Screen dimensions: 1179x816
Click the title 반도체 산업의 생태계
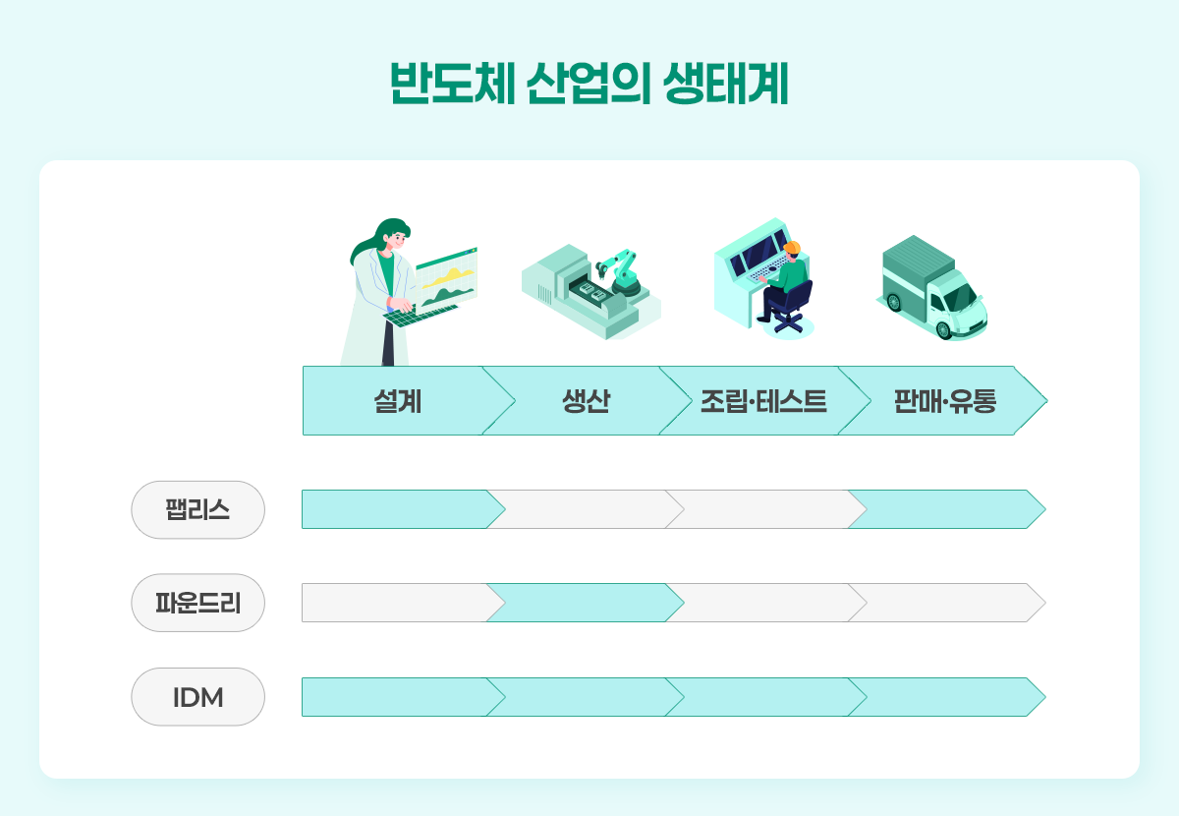point(589,84)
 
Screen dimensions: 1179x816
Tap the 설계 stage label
point(397,401)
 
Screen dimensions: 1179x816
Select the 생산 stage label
point(586,401)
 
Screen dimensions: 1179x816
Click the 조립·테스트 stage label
point(763,401)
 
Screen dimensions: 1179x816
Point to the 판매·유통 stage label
point(945,401)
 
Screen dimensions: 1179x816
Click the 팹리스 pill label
point(197,510)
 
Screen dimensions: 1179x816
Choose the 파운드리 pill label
point(197,604)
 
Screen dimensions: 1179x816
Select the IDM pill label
point(197,697)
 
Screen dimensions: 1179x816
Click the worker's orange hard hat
point(792,248)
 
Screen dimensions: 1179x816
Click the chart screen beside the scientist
point(446,278)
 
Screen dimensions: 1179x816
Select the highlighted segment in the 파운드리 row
point(586,603)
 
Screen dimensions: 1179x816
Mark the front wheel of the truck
point(944,329)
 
